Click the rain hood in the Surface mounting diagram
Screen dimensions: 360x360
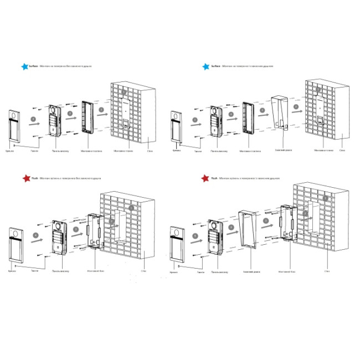pyautogui.click(x=281, y=114)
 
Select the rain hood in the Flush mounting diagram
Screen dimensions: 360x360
pyautogui.click(x=248, y=232)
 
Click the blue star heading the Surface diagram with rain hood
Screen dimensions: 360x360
pyautogui.click(x=206, y=66)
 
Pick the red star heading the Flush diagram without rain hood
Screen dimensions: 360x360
pyautogui.click(x=24, y=179)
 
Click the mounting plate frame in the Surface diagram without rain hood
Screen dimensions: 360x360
pyautogui.click(x=86, y=117)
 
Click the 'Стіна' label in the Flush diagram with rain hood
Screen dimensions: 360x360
pyautogui.click(x=327, y=271)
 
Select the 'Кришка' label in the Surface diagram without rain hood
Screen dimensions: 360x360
pyautogui.click(x=10, y=150)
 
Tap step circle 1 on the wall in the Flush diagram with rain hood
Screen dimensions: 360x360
pyautogui.click(x=326, y=197)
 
